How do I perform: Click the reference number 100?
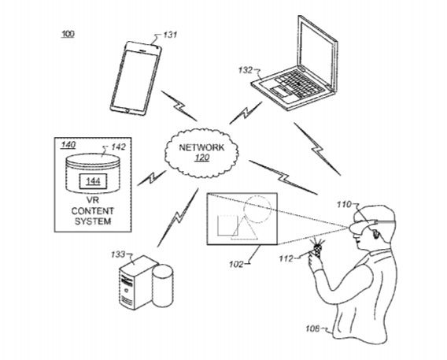[x=68, y=34]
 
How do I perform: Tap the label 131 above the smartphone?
[x=170, y=35]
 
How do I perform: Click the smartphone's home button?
[x=127, y=110]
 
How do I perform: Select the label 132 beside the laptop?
[x=246, y=70]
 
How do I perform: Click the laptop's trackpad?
[x=280, y=91]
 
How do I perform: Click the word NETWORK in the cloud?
[x=201, y=147]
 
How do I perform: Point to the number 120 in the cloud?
[x=202, y=158]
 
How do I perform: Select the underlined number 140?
[x=68, y=145]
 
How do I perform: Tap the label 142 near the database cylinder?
[x=118, y=147]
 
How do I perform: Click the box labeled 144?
[x=93, y=181]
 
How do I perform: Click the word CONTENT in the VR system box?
[x=93, y=211]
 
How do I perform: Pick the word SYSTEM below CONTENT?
[x=93, y=221]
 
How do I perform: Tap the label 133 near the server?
[x=118, y=254]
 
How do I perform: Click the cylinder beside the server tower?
[x=162, y=285]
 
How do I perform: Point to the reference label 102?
[x=236, y=265]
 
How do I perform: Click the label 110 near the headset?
[x=345, y=205]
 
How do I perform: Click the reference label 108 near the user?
[x=312, y=329]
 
